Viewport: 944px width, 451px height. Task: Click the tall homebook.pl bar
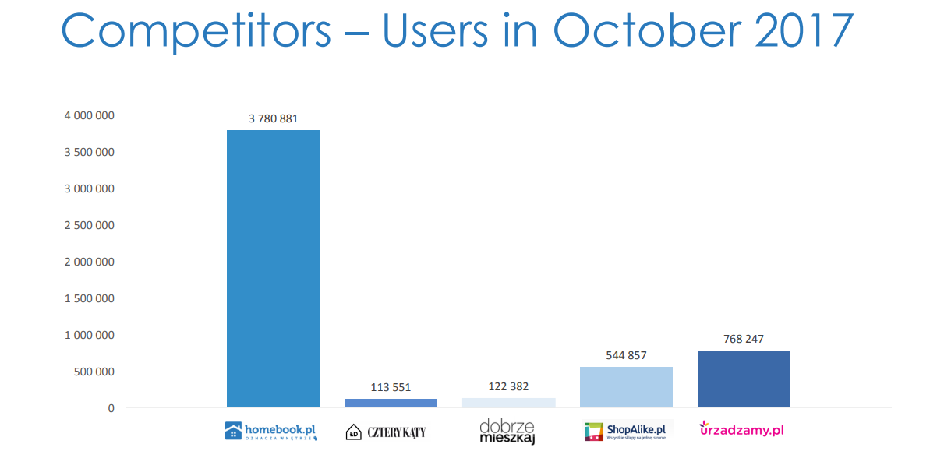click(x=273, y=268)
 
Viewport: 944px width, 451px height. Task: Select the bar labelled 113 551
click(x=391, y=403)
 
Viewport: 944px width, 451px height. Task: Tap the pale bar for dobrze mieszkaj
click(x=508, y=403)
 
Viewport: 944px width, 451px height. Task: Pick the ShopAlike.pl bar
click(x=626, y=387)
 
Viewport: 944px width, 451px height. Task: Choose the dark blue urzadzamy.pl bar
click(x=744, y=379)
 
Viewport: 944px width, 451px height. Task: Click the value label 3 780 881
click(x=274, y=119)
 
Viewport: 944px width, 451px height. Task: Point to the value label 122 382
click(x=509, y=386)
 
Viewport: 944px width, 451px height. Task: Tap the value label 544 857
click(x=626, y=355)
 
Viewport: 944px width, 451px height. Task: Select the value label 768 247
click(x=744, y=339)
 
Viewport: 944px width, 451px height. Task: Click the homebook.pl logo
click(x=271, y=431)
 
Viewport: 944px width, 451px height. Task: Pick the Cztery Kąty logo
click(x=387, y=432)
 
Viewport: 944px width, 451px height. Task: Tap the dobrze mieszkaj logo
click(x=507, y=432)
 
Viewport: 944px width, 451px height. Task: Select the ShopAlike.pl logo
click(x=628, y=431)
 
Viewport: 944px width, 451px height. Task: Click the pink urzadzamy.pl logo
click(x=741, y=429)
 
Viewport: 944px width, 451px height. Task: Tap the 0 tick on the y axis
click(x=111, y=408)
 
